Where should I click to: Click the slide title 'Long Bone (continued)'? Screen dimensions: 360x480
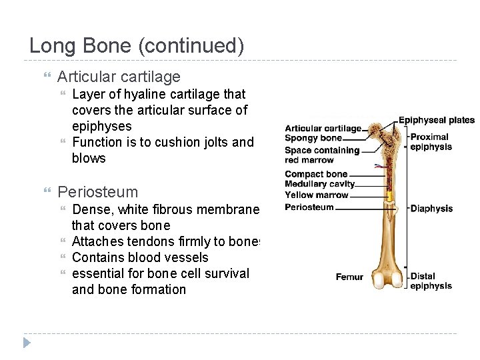[137, 46]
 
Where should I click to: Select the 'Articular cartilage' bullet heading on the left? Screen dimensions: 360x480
[119, 77]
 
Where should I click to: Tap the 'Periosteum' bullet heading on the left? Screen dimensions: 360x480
[97, 192]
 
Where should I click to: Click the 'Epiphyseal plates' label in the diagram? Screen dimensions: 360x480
[436, 121]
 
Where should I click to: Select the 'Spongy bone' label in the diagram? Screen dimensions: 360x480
[313, 138]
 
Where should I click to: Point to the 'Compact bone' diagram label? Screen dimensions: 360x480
[316, 175]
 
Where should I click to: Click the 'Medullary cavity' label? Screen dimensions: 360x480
[319, 184]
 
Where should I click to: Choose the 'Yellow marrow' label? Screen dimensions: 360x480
[317, 195]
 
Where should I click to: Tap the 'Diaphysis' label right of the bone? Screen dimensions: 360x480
[431, 209]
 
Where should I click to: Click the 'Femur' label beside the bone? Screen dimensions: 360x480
[349, 277]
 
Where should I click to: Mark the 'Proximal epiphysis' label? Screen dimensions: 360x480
[431, 142]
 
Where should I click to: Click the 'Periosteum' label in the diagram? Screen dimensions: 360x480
[309, 207]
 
